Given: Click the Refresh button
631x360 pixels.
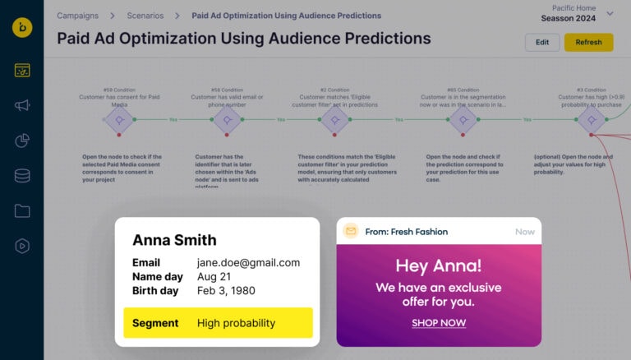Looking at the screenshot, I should tap(588, 43).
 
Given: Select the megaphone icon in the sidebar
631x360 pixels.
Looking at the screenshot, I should tap(22, 105).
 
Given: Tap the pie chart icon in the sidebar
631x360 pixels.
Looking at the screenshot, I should tap(22, 141).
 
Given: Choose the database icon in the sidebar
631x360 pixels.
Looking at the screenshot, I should tap(22, 176).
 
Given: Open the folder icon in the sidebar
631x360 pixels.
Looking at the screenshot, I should tap(22, 211).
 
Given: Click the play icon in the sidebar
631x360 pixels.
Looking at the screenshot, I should tap(22, 246).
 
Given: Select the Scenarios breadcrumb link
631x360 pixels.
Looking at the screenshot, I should tap(145, 16).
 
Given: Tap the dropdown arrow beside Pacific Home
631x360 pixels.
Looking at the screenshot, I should tap(610, 13).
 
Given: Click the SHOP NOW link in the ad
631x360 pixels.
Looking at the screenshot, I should tap(439, 323).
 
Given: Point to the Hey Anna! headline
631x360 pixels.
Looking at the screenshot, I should tap(439, 266).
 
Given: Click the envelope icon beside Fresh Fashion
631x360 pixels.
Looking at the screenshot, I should tap(351, 232).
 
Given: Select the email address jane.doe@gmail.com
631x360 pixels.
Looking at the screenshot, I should tap(248, 263).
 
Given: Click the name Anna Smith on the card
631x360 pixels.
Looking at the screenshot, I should tap(174, 240).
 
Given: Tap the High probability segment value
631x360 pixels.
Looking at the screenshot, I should tap(236, 323).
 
